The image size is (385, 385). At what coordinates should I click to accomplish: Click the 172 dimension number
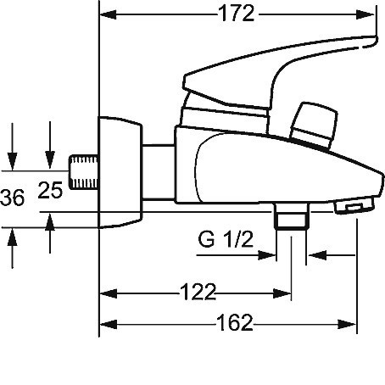pos(237,14)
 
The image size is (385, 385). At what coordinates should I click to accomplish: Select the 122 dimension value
pos(198,292)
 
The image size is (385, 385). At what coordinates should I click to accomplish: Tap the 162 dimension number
pos(235,322)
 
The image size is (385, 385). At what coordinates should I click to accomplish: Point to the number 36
pos(12,198)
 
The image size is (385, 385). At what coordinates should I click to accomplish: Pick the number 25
pos(50,190)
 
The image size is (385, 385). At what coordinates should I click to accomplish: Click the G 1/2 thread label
pos(226,239)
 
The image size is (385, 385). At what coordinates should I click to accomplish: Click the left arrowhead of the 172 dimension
pos(109,14)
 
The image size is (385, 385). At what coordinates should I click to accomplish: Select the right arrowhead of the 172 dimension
pos(365,14)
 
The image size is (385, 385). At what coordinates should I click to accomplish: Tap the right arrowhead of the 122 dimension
pos(282,293)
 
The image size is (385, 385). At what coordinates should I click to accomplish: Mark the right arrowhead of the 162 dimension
pos(347,324)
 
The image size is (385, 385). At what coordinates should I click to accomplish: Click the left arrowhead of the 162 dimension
pos(109,324)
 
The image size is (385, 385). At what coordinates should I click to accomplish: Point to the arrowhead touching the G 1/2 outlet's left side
pos(267,255)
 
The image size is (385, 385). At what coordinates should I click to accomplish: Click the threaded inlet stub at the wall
pos(84,172)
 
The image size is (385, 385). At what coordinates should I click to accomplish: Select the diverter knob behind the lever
pos(315,125)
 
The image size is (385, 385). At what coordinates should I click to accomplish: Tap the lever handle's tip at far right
pos(377,40)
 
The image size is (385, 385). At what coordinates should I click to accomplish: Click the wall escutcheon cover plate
pos(120,172)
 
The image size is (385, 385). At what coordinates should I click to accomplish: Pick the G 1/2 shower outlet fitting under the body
pos(292,216)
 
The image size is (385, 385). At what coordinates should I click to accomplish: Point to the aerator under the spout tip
pos(354,206)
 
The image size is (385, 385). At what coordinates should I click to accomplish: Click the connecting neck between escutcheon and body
pos(159,172)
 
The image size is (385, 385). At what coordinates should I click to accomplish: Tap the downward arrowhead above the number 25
pos(50,159)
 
